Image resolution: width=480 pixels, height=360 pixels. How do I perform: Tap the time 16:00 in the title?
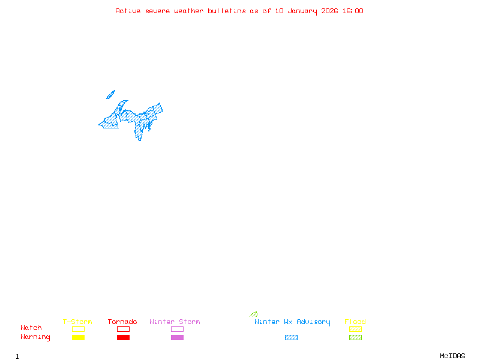[353, 11]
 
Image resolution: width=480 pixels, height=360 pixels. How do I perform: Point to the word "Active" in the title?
[128, 11]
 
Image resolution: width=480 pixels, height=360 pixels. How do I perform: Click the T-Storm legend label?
[77, 322]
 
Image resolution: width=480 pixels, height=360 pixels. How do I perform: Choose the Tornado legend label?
[122, 322]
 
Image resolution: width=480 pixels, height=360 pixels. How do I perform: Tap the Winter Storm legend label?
[175, 322]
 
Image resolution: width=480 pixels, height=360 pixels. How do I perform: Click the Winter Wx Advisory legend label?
[292, 322]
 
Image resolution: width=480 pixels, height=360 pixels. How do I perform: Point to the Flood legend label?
[355, 322]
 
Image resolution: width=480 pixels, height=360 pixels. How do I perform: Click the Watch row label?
[31, 328]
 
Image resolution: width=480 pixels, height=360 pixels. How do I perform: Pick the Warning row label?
[35, 337]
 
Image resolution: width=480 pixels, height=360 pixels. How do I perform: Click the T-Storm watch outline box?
[78, 329]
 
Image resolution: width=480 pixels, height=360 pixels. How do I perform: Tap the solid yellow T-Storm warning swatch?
[78, 338]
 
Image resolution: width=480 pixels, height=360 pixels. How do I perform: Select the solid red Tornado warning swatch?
[123, 338]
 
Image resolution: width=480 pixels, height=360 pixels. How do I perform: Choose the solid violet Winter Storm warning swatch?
[177, 338]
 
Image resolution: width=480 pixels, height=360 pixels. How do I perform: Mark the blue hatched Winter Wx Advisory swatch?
[291, 338]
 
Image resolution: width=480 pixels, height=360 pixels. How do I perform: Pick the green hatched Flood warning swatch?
[355, 338]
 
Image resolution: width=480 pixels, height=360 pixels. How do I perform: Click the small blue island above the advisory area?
[110, 94]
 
